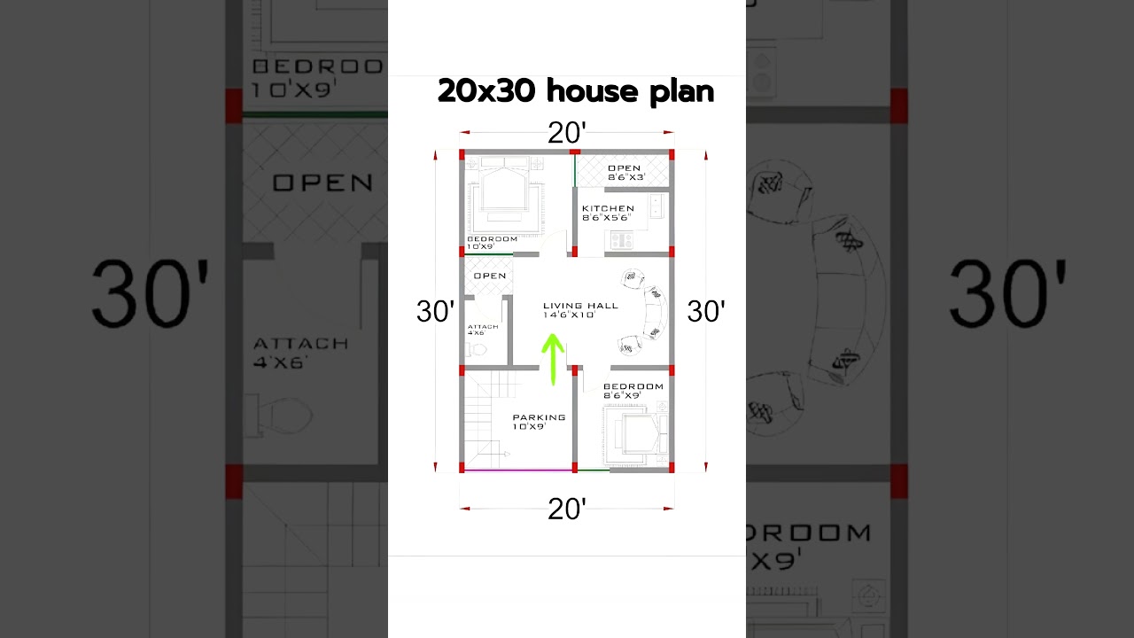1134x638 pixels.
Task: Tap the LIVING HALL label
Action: click(580, 306)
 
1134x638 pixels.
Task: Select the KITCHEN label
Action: click(608, 208)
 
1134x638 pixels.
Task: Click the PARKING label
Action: click(539, 417)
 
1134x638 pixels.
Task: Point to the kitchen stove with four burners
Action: click(621, 239)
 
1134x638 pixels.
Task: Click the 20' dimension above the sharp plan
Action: click(567, 133)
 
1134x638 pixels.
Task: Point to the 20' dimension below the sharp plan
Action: click(567, 509)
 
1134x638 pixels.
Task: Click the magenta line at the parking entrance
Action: click(518, 470)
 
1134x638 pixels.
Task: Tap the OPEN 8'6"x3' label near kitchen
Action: click(625, 173)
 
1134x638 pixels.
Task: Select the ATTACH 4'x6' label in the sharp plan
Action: click(483, 330)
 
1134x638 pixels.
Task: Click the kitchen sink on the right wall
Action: click(656, 207)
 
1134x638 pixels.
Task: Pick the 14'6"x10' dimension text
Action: click(569, 315)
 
